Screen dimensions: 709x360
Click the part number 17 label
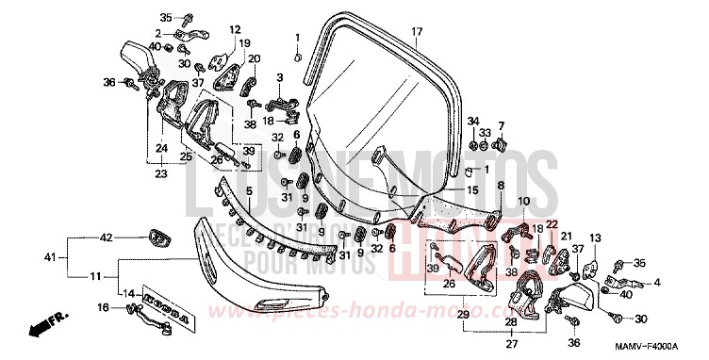click(x=415, y=31)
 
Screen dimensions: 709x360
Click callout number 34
click(x=472, y=121)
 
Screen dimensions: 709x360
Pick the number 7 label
click(x=502, y=125)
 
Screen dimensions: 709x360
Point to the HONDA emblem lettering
click(x=168, y=307)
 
